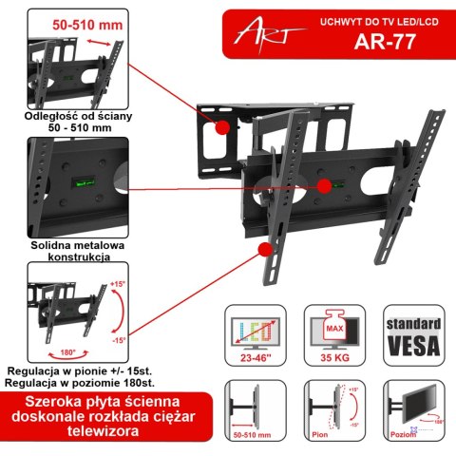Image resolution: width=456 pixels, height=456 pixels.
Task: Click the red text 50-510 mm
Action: point(83,20)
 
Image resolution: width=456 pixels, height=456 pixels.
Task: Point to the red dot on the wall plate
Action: point(222,127)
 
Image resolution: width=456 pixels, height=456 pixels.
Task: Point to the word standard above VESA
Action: point(412,320)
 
